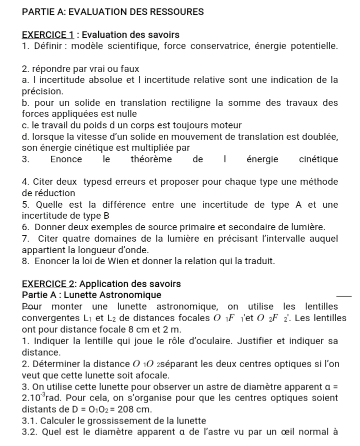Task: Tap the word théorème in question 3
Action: click(x=151, y=159)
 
